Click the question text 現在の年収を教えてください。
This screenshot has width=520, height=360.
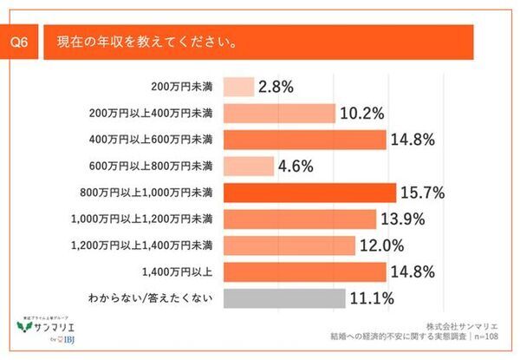tap(149, 43)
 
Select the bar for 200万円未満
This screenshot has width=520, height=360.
tap(238, 87)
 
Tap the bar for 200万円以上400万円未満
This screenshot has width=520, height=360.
tap(279, 113)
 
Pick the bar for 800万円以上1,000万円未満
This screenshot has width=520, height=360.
tap(309, 193)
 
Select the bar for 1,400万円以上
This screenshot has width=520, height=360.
tap(304, 272)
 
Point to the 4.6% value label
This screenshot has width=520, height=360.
tap(295, 166)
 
